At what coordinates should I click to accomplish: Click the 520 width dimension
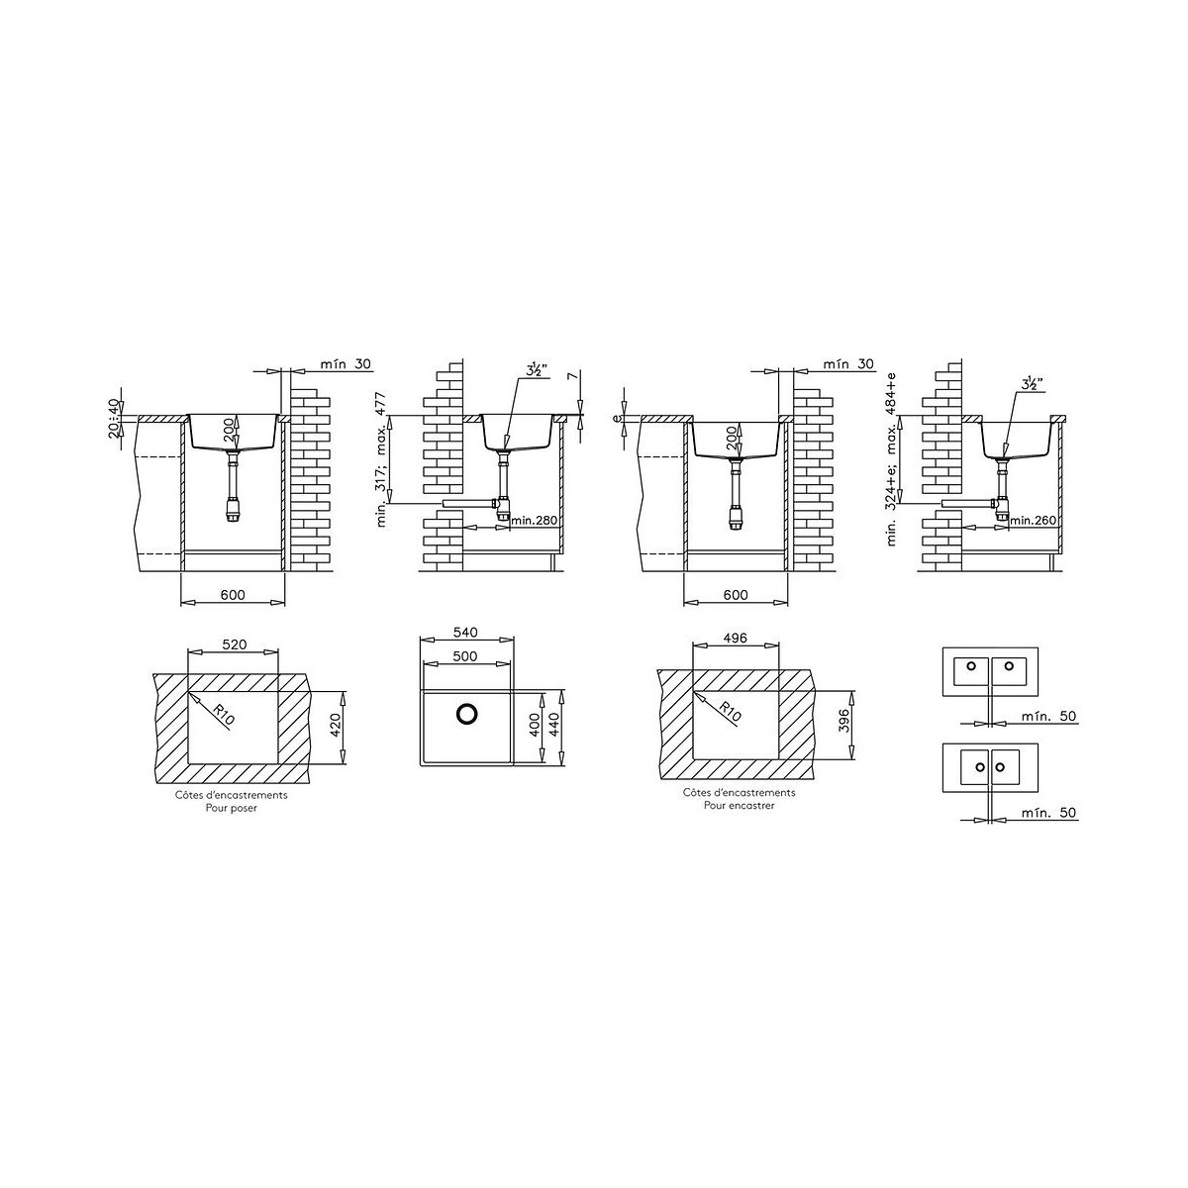click(x=234, y=644)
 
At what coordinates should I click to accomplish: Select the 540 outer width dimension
click(x=465, y=633)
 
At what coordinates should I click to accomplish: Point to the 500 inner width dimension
click(x=465, y=656)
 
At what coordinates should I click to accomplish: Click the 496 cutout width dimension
click(x=735, y=639)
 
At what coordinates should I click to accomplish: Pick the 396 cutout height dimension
click(x=844, y=721)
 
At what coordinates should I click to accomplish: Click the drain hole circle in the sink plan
click(x=466, y=713)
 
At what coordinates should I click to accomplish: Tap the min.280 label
click(x=534, y=521)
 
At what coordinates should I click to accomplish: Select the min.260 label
click(x=1033, y=521)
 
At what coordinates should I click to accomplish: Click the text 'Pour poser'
click(x=232, y=808)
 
